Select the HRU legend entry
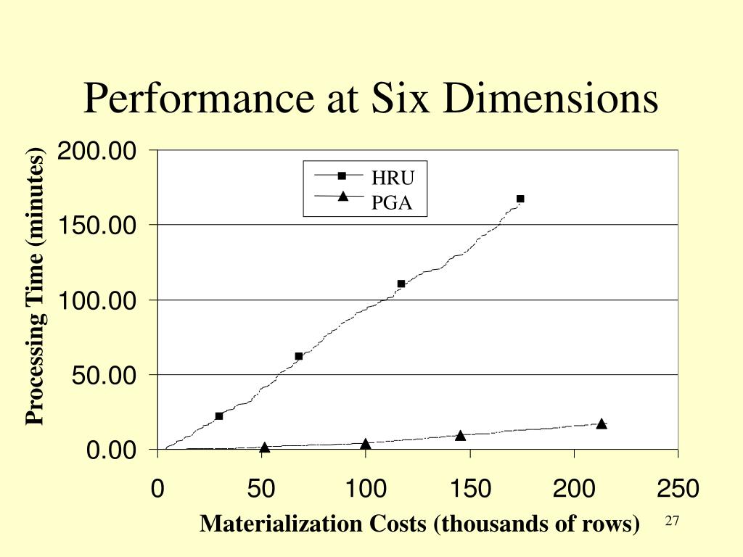[392, 178]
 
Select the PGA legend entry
[392, 202]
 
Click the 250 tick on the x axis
[678, 488]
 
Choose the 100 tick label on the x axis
[365, 488]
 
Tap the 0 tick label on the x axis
[157, 488]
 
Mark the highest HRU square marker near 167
[520, 199]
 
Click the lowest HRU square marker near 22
[219, 416]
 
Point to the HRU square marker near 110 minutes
[401, 284]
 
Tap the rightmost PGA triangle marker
[602, 424]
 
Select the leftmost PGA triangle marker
[265, 447]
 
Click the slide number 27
[671, 521]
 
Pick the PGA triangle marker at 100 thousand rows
[366, 444]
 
